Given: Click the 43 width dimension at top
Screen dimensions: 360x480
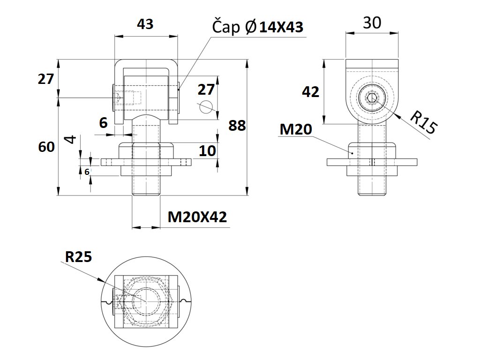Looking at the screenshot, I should (145, 24).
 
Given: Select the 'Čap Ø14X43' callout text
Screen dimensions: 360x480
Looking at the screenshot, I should (258, 27).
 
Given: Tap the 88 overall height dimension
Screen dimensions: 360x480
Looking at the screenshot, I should (237, 125).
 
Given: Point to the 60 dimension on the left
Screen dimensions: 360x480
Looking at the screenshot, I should (46, 147).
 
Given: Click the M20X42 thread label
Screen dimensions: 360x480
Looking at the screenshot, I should (197, 217).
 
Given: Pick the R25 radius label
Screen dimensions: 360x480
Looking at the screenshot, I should (78, 256).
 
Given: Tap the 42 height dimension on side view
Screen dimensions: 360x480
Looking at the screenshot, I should (310, 92).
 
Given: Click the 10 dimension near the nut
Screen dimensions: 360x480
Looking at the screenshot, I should (207, 150).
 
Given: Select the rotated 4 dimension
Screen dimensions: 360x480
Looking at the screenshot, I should (70, 140).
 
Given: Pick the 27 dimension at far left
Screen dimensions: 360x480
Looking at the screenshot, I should (46, 79).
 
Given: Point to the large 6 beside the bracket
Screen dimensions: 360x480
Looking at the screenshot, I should (103, 123).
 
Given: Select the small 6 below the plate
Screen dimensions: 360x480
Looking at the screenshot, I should (87, 172).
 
